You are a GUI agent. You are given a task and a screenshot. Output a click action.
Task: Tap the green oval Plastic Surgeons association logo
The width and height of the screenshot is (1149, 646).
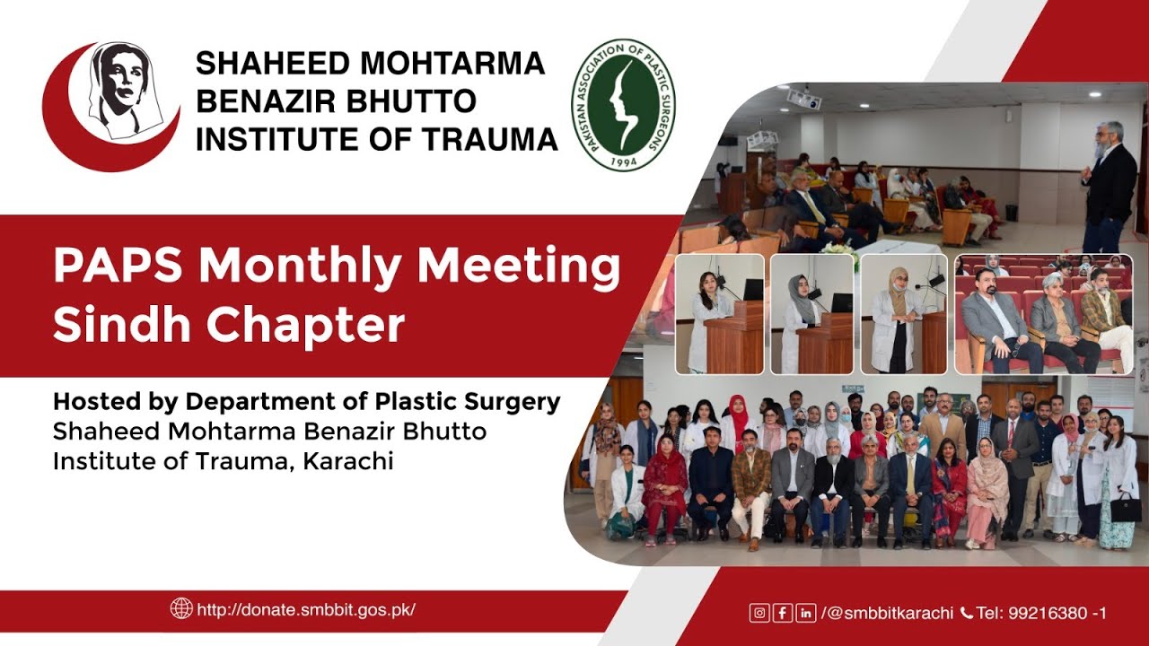click(x=624, y=105)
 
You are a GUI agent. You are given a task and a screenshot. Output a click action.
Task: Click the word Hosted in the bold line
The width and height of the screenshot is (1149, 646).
click(x=96, y=402)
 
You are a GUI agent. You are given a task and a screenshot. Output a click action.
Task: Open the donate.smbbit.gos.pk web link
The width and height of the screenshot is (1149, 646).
click(x=306, y=609)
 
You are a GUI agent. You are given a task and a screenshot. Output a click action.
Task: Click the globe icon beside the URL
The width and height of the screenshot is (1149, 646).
click(x=181, y=608)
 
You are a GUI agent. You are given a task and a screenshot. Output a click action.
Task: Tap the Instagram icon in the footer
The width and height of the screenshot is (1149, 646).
click(x=759, y=614)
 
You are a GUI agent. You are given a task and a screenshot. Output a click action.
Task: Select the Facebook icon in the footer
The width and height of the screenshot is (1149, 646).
click(x=782, y=614)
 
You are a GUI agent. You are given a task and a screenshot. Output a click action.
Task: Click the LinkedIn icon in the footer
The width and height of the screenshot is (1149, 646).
click(x=805, y=614)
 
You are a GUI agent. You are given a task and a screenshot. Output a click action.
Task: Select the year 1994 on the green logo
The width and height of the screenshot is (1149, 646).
click(x=623, y=161)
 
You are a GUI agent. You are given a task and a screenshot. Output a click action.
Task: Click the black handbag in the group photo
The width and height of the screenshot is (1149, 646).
click(x=1126, y=507)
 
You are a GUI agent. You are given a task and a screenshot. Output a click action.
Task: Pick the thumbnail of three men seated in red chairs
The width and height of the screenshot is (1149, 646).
click(x=1043, y=313)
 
